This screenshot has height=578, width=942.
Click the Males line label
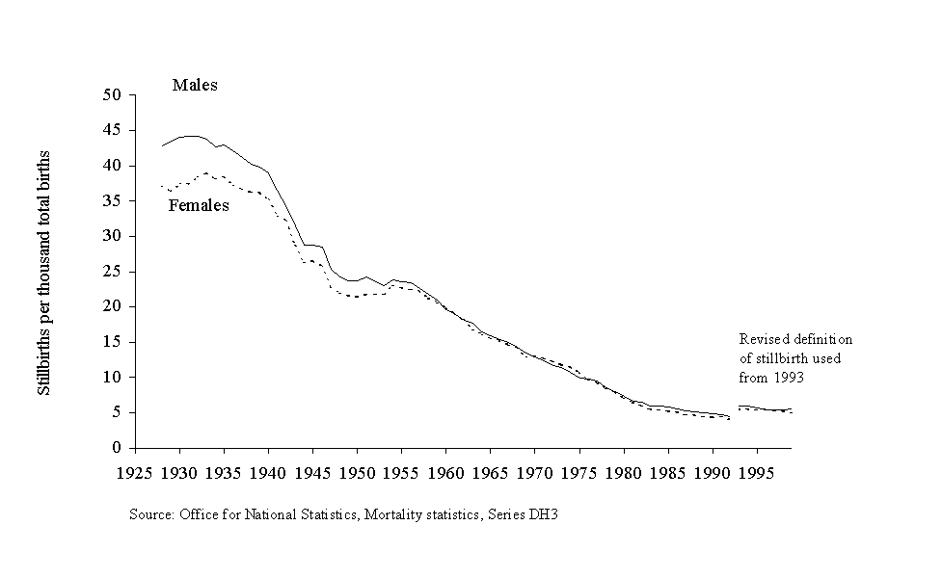point(195,85)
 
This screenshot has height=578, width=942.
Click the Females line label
point(199,205)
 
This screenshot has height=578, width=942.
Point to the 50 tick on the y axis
point(115,95)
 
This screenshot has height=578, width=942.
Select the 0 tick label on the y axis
point(120,448)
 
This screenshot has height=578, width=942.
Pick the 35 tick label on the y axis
point(115,201)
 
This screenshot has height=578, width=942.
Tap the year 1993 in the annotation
point(789,378)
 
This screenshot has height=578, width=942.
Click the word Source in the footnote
point(150,514)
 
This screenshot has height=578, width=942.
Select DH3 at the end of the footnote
point(544,514)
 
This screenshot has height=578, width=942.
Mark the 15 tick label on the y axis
point(115,342)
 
